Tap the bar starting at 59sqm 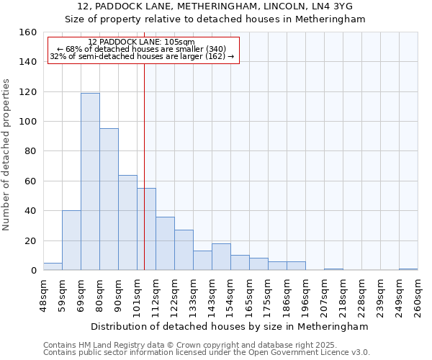coord(71,240)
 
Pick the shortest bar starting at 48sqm coord(53,266)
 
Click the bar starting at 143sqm coord(221,257)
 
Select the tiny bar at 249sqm coord(408,269)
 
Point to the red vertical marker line coord(145,166)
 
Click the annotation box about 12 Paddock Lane coord(143,50)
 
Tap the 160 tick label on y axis coord(28,32)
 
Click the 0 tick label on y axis coord(34,271)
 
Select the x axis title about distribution coord(230,327)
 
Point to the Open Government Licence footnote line coord(207,353)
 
